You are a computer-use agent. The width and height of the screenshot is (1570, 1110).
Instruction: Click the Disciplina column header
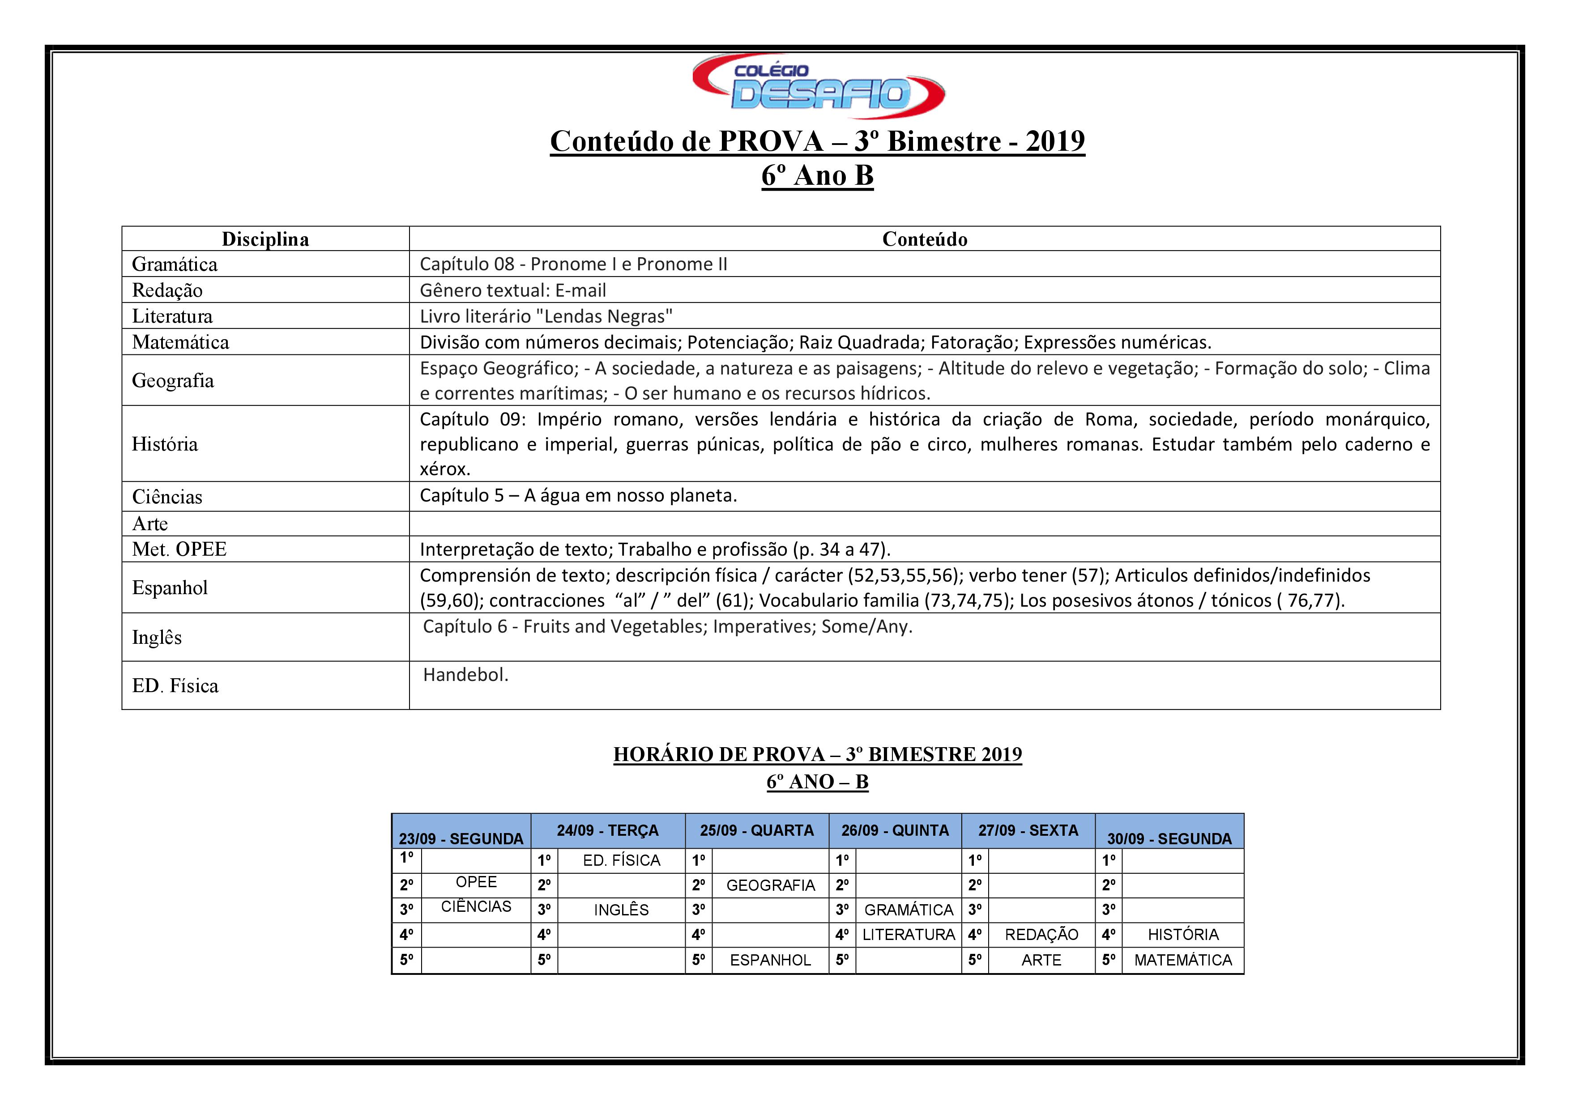pos(265,239)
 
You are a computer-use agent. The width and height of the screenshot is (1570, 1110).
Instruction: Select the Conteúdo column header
pos(925,239)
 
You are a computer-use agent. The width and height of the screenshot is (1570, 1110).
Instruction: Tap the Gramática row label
pos(175,264)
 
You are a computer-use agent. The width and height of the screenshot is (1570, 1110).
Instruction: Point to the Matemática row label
pos(180,342)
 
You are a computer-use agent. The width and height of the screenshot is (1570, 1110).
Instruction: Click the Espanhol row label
pos(170,588)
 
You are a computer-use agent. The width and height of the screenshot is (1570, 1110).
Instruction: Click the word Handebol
pos(465,675)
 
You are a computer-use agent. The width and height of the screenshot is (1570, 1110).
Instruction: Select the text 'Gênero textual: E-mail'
pos(513,290)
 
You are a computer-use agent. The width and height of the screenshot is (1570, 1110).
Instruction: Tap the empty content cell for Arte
pos(925,523)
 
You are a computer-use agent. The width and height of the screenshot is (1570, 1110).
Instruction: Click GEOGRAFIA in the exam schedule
pos(771,886)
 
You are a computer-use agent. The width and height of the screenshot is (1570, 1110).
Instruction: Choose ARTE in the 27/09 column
pos(1041,960)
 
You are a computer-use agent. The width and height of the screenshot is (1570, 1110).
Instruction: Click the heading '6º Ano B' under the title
pos(818,176)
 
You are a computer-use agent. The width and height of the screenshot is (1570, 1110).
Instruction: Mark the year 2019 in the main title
pos(1055,141)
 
